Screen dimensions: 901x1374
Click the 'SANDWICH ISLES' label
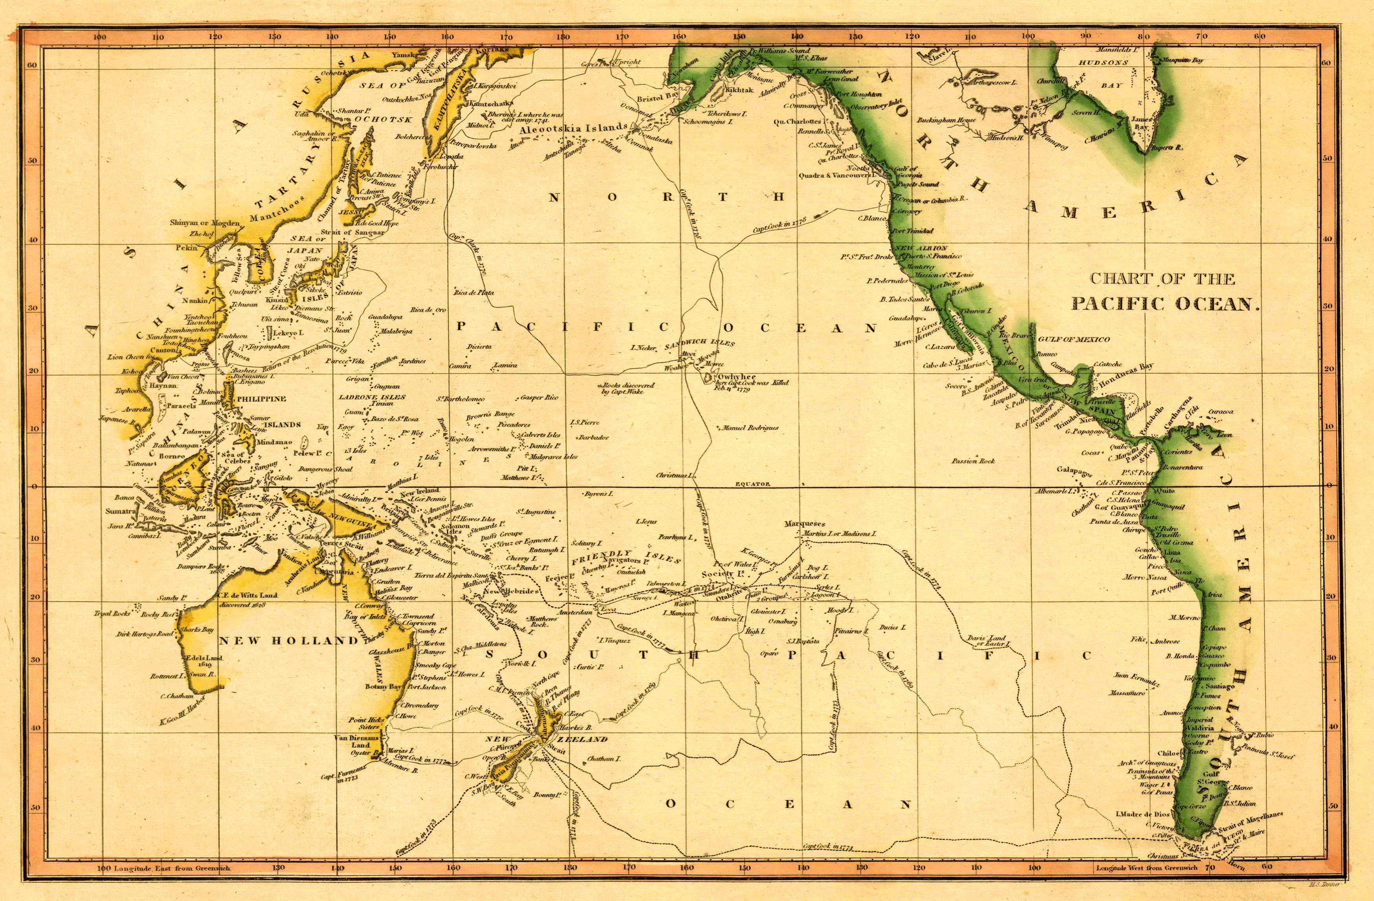pos(699,344)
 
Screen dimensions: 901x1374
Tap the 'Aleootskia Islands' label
pos(573,128)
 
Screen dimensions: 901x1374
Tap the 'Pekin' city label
pos(186,248)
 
